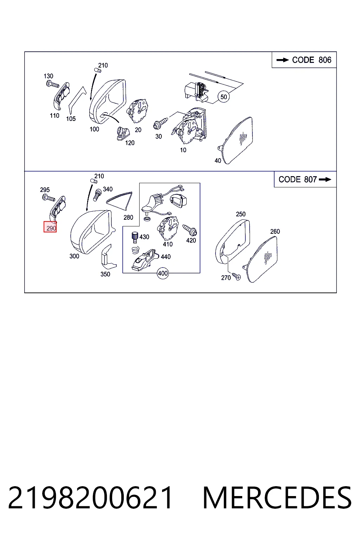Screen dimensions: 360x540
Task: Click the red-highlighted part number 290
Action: (x=50, y=227)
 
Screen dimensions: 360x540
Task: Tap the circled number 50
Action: (x=224, y=97)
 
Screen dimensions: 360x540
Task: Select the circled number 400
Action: (x=162, y=273)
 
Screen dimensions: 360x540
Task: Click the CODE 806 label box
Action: (x=304, y=60)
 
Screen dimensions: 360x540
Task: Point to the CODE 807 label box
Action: (x=305, y=179)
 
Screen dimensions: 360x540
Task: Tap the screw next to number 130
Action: (x=53, y=84)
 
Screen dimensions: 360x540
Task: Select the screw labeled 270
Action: (x=236, y=277)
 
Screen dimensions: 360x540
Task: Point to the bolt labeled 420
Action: (x=190, y=230)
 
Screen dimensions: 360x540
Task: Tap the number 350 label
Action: (x=105, y=274)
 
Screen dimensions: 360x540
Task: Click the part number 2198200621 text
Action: (x=90, y=497)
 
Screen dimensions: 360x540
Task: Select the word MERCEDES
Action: (x=277, y=497)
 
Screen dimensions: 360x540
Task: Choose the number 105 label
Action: (x=71, y=118)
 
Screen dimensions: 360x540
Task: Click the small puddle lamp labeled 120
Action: (x=123, y=134)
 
